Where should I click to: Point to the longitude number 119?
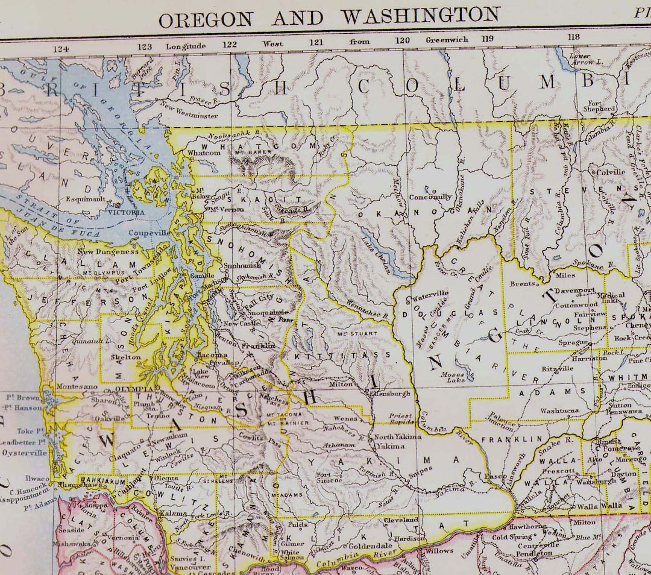pyautogui.click(x=486, y=40)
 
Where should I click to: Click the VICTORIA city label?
pyautogui.click(x=126, y=213)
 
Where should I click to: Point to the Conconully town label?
pyautogui.click(x=430, y=197)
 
